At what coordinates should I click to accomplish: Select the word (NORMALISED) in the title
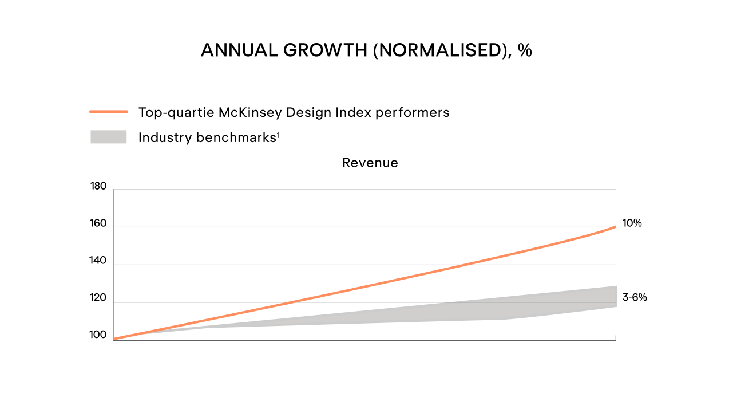(441, 50)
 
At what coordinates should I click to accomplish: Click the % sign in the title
(525, 50)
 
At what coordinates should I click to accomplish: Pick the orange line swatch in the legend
(109, 112)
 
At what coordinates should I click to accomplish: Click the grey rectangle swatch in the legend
(109, 137)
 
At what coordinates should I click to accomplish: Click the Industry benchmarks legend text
(208, 137)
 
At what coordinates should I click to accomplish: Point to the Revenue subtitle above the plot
(370, 163)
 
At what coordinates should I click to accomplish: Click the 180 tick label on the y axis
(98, 186)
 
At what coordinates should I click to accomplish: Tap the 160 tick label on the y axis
(98, 223)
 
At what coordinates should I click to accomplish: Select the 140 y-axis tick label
(98, 261)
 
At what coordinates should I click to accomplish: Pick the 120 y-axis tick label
(98, 298)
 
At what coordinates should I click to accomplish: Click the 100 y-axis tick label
(98, 335)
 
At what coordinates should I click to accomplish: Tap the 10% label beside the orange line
(632, 223)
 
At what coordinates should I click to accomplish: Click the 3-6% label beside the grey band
(635, 298)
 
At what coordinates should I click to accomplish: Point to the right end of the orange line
(615, 227)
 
